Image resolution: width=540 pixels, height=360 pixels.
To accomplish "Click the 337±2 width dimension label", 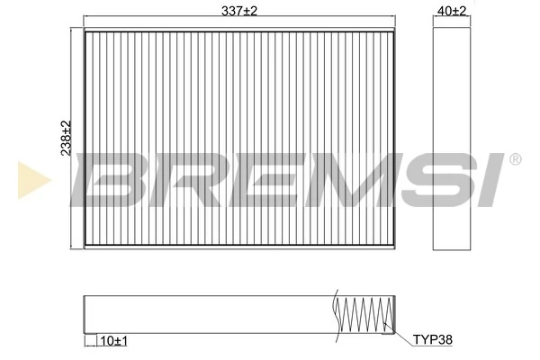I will click(x=238, y=11).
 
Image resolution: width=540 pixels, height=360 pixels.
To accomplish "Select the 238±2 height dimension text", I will click(x=64, y=139).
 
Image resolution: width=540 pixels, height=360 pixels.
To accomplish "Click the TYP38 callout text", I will click(x=432, y=339).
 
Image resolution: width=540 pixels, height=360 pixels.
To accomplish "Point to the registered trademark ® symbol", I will click(x=515, y=159).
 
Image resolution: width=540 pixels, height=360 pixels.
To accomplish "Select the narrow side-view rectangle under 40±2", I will click(x=453, y=135).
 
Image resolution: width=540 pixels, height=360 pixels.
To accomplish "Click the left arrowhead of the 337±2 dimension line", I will click(x=86, y=18).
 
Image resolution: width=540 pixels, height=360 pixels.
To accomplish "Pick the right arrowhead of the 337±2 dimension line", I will click(x=394, y=18).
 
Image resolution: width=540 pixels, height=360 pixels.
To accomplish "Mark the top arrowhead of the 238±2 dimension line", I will click(x=71, y=31).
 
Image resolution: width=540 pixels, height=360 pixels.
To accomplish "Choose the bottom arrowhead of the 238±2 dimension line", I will click(x=71, y=245).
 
